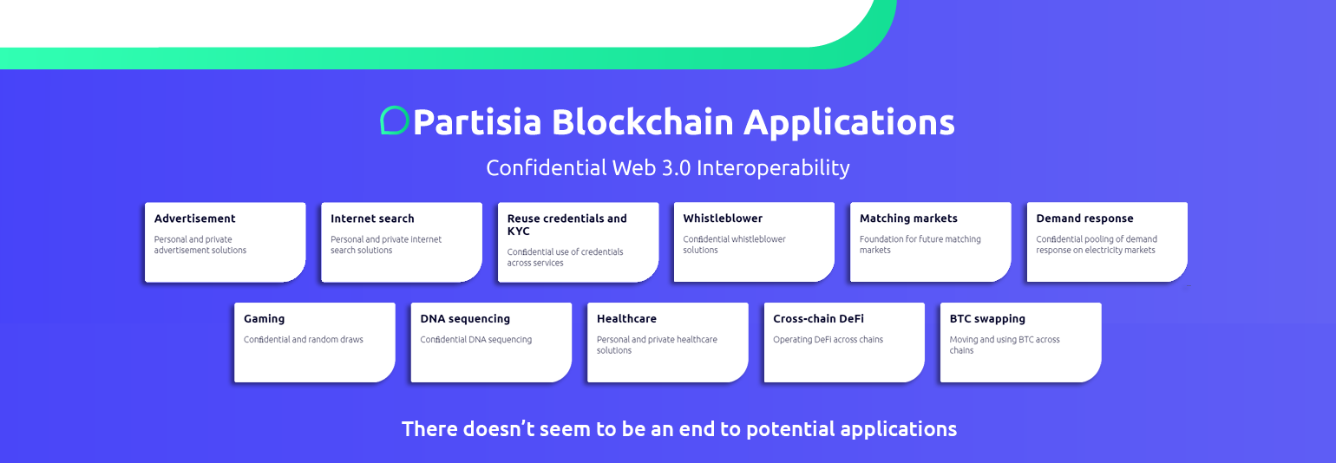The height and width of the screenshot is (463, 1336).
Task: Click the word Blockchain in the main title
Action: coord(642,122)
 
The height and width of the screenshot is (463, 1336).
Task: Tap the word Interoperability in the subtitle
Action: coord(773,168)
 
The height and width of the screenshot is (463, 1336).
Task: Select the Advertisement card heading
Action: coord(194,218)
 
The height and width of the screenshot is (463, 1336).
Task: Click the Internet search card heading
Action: coord(372,218)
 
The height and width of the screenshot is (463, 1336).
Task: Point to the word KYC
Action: coord(518,231)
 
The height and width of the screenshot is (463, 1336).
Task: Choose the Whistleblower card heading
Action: coord(723,218)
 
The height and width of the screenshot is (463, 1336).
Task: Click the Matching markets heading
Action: coord(908,218)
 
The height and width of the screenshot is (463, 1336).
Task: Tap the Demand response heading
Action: coord(1084,218)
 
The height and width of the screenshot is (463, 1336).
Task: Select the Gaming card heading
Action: coord(265,319)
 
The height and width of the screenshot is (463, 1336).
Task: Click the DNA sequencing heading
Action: coord(465,319)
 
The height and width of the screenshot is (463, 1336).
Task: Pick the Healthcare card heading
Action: coord(626,319)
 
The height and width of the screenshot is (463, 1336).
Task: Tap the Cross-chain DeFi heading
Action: coord(818,319)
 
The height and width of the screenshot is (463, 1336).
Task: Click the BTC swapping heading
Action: coord(987,319)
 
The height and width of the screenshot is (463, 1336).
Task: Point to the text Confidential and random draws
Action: coord(303,340)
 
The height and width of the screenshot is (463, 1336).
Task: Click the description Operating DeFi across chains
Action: coord(828,340)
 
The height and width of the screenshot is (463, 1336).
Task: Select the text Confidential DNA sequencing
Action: coord(475,340)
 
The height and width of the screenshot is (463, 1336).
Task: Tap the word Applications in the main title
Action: coord(848,123)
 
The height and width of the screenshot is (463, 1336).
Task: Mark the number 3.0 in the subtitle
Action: coord(677,168)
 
